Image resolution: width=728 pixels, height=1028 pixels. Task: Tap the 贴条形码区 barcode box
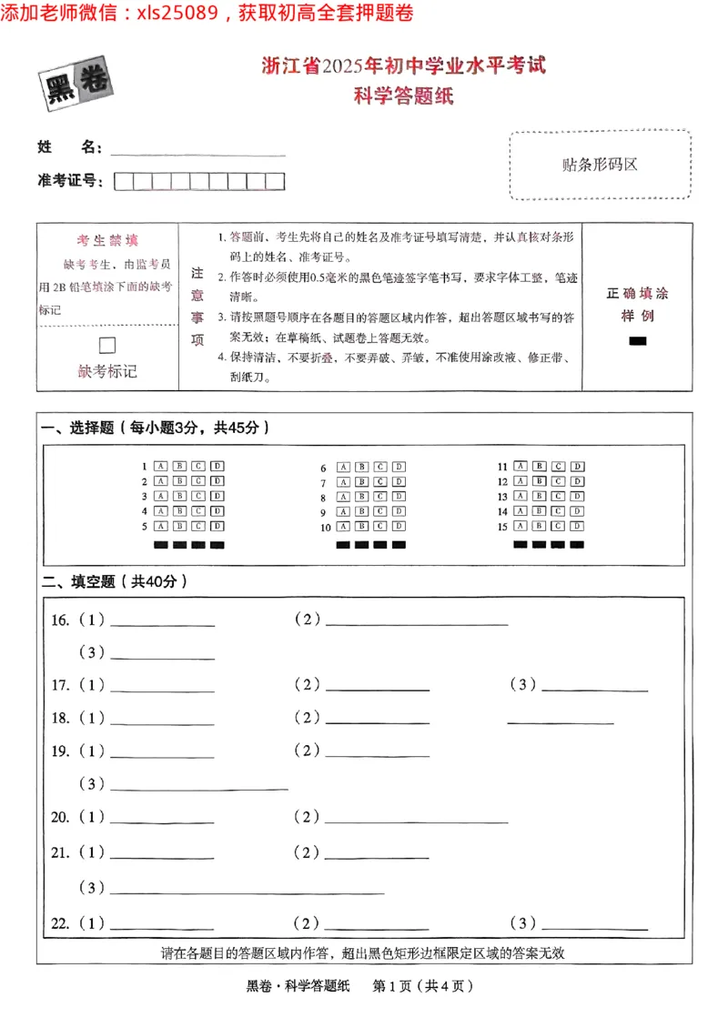(x=600, y=165)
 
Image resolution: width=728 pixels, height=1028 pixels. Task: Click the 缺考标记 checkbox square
(x=107, y=345)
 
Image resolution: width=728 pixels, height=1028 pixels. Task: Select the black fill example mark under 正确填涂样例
(x=637, y=341)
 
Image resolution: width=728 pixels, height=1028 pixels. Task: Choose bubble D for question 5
(x=217, y=526)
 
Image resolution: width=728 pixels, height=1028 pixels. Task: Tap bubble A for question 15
(x=520, y=526)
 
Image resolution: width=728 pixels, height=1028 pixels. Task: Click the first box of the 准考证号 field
(x=123, y=181)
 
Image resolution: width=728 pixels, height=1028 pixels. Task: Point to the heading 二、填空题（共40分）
(x=115, y=581)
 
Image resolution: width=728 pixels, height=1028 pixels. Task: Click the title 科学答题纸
(x=403, y=94)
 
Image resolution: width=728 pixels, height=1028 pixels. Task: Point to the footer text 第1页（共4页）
(x=423, y=985)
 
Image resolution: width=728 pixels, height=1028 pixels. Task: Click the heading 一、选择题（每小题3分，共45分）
(x=156, y=428)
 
